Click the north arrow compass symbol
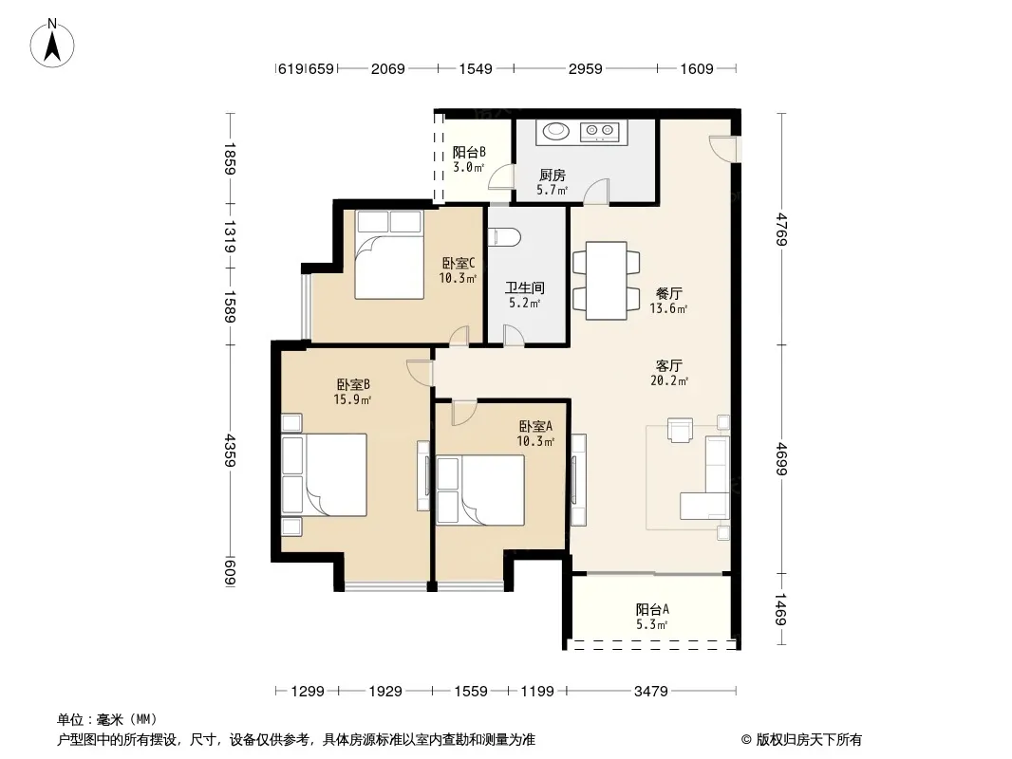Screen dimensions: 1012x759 (x=52, y=44)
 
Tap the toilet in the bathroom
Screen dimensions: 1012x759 (x=505, y=237)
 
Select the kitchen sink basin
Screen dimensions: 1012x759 (x=555, y=132)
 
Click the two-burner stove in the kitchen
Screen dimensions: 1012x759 (x=600, y=132)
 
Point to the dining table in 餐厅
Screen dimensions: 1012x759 (x=606, y=281)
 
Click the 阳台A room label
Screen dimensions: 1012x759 (x=652, y=609)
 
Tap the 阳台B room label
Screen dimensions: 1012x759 (x=469, y=152)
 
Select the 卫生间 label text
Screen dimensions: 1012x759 (x=524, y=287)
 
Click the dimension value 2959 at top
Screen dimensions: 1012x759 (x=586, y=68)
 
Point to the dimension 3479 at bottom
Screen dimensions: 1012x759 (x=650, y=692)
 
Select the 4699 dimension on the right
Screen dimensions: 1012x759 (x=781, y=458)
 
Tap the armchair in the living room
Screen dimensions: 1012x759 (x=680, y=430)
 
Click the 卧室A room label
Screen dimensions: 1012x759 (x=535, y=426)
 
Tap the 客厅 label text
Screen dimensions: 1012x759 (x=668, y=365)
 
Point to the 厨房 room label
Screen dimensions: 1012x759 (x=553, y=175)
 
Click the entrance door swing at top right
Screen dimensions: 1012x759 (x=721, y=148)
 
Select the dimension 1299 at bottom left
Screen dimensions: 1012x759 (x=308, y=692)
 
